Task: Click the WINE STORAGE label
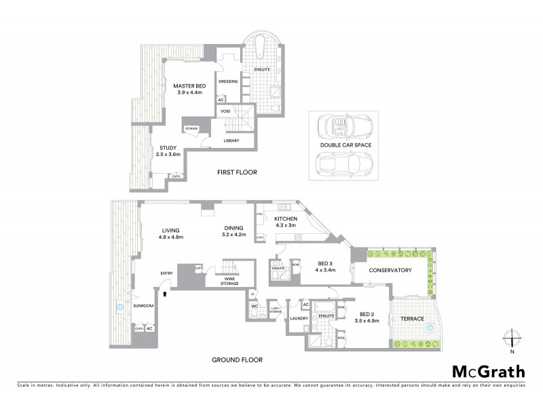[228, 282]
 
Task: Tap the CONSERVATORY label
[390, 271]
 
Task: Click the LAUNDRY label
[299, 318]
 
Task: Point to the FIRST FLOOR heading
[237, 172]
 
